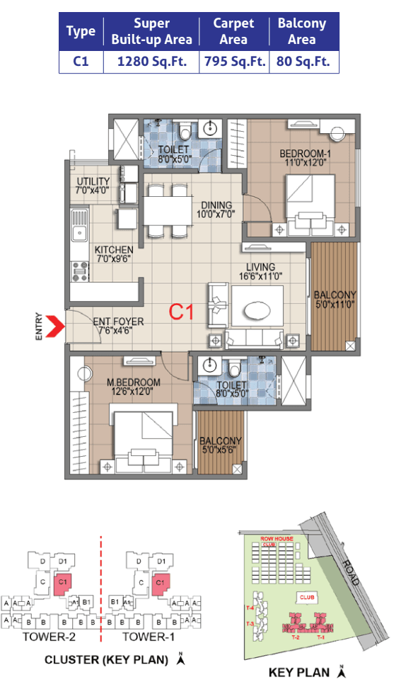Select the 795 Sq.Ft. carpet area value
[x=233, y=62]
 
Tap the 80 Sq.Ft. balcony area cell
[x=303, y=62]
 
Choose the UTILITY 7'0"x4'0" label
[x=93, y=186]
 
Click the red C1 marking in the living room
[x=181, y=312]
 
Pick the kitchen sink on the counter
[x=79, y=231]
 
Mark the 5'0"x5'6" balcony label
[x=221, y=445]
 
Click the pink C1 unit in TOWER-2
[x=62, y=585]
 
